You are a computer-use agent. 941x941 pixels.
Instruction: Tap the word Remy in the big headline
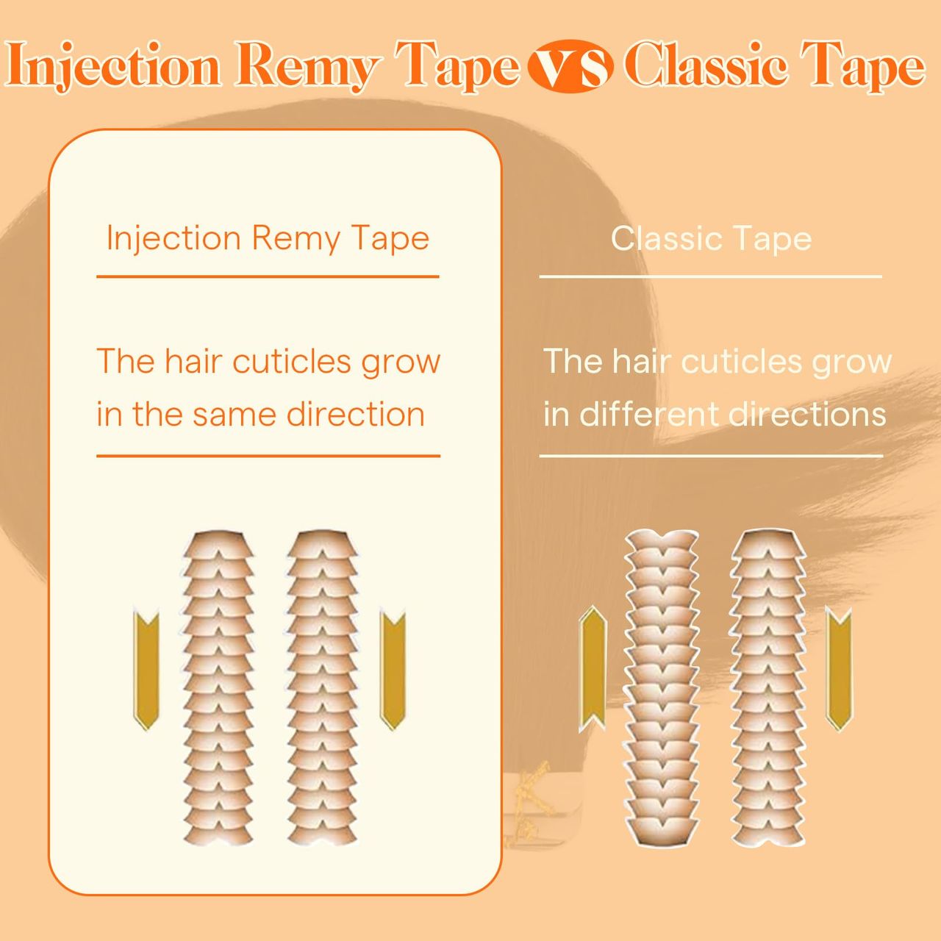tap(307, 68)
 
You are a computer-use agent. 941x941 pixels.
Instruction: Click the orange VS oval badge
tap(570, 66)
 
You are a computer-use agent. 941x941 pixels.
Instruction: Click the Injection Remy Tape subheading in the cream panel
tap(268, 239)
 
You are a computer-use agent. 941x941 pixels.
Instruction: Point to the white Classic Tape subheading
tap(711, 239)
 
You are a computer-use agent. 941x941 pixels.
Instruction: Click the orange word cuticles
tap(292, 362)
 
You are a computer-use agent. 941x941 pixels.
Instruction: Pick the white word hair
tap(640, 361)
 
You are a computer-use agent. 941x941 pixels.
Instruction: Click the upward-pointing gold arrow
tap(593, 668)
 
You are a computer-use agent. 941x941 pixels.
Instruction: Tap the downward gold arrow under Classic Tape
tap(839, 668)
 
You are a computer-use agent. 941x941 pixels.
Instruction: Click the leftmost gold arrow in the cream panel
tap(146, 669)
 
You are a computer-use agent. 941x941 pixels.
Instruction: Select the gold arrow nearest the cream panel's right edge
tap(393, 669)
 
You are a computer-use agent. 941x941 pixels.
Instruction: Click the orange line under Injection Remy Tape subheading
tap(268, 276)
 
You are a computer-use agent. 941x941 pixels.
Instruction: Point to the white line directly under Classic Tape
tap(710, 276)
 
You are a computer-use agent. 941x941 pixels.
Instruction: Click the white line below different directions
tap(711, 456)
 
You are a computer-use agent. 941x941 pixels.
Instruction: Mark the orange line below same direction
tap(268, 456)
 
